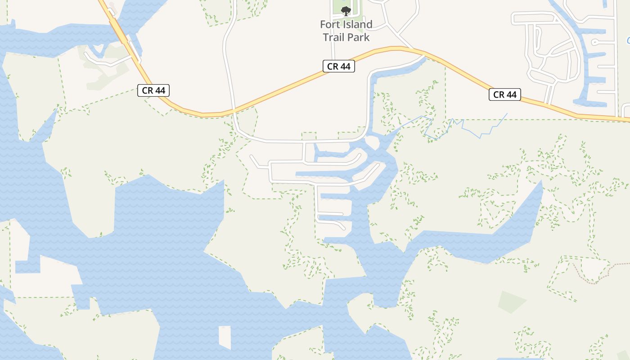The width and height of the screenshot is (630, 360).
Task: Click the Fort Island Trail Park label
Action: point(346,31)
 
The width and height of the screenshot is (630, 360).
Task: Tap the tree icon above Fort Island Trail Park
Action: point(346,11)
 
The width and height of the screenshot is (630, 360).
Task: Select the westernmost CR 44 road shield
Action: point(153,90)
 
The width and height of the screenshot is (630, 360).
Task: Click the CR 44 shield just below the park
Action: point(339,66)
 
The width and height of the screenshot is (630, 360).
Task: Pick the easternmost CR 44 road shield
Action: point(505,94)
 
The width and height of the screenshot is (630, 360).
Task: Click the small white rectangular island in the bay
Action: point(225,337)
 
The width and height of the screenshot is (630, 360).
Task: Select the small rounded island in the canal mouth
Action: point(372,142)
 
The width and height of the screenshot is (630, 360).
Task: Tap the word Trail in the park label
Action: point(333,37)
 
